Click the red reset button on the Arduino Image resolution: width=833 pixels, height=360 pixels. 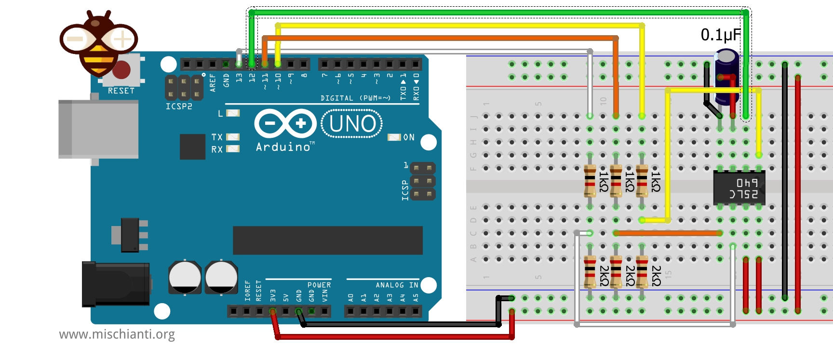pyautogui.click(x=122, y=70)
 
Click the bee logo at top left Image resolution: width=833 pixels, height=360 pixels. pyautogui.click(x=99, y=43)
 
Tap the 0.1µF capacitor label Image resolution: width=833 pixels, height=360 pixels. pyautogui.click(x=720, y=35)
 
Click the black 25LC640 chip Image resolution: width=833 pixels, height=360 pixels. pyautogui.click(x=739, y=188)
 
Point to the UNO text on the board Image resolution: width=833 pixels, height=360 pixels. pyautogui.click(x=352, y=124)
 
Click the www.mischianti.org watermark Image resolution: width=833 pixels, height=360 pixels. pyautogui.click(x=117, y=334)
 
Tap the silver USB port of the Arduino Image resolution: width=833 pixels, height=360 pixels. pyautogui.click(x=98, y=129)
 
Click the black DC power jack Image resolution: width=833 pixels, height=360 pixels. pyautogui.click(x=115, y=284)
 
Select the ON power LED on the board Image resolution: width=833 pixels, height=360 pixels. pyautogui.click(x=394, y=137)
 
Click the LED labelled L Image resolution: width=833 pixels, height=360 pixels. pyautogui.click(x=233, y=113)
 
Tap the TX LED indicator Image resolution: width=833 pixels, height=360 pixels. pyautogui.click(x=233, y=137)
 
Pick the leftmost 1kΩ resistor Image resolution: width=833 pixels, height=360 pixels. pyautogui.click(x=590, y=181)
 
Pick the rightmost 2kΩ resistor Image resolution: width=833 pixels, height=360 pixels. pyautogui.click(x=642, y=272)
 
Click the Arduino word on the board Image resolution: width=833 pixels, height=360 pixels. pyautogui.click(x=283, y=147)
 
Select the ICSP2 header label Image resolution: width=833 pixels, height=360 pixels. pyautogui.click(x=179, y=106)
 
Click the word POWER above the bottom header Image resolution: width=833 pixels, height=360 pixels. pyautogui.click(x=319, y=285)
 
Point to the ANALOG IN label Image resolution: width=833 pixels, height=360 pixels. pyautogui.click(x=397, y=285)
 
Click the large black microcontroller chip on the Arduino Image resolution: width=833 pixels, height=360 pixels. pyautogui.click(x=327, y=240)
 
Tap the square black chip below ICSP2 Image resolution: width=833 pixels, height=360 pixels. pyautogui.click(x=192, y=147)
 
